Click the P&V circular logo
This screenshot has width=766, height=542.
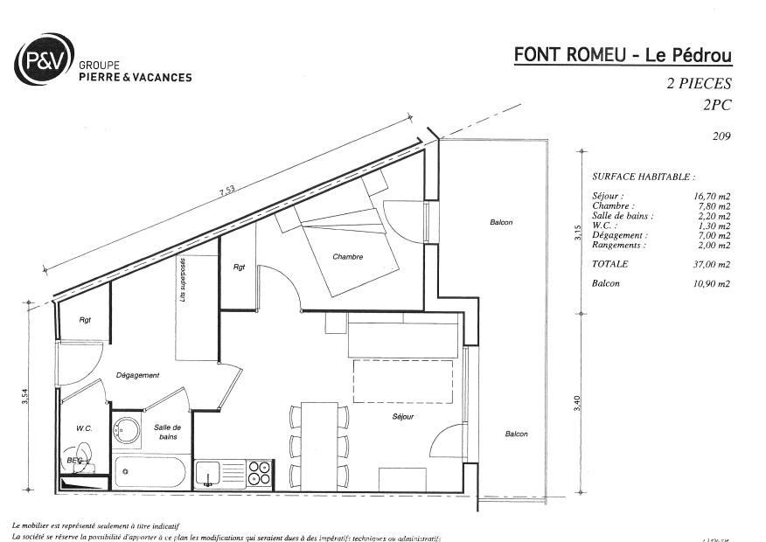coord(44,59)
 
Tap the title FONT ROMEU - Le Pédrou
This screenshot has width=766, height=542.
coord(623,55)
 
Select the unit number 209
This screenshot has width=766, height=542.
coord(721,135)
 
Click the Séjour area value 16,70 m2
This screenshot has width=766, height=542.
coord(714,197)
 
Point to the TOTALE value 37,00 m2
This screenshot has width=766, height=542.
coord(714,264)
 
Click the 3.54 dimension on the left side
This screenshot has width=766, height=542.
coord(26,398)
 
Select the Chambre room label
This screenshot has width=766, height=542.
coord(347,257)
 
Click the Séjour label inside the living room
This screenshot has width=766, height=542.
coord(402,417)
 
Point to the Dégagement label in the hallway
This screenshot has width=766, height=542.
coord(137,375)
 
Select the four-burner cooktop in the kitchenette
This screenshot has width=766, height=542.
coord(260,473)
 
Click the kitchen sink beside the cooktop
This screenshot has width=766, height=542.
coord(210,473)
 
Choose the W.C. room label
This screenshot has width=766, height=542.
coord(84,428)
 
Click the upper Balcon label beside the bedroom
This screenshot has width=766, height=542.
coord(500,223)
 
